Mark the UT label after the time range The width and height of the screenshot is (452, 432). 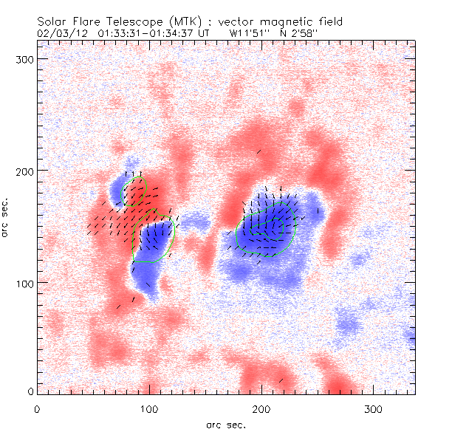click(205, 33)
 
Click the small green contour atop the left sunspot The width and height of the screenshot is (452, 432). click(136, 188)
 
